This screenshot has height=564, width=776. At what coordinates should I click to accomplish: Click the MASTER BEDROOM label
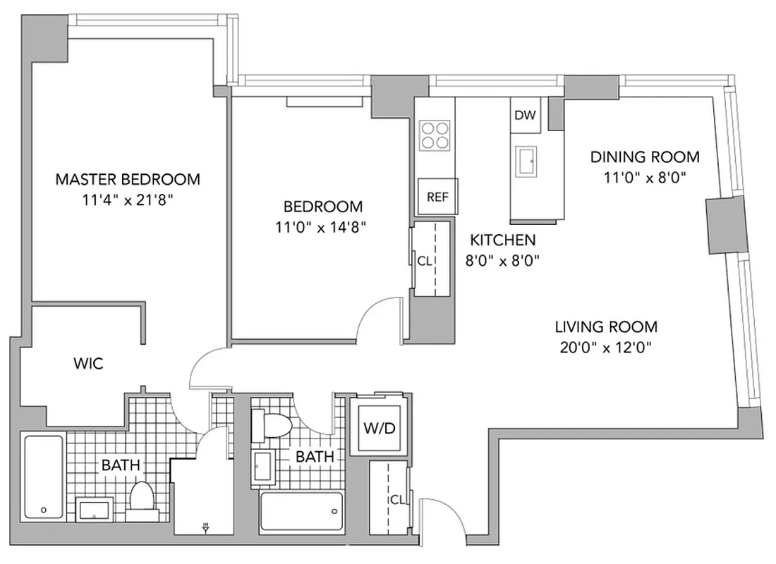pyautogui.click(x=128, y=179)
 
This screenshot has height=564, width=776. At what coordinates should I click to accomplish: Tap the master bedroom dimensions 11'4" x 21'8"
pyautogui.click(x=128, y=200)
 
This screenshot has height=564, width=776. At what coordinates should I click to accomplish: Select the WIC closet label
pyautogui.click(x=88, y=364)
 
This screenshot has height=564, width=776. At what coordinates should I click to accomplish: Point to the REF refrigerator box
pyautogui.click(x=437, y=197)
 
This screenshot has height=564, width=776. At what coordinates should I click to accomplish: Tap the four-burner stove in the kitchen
pyautogui.click(x=435, y=135)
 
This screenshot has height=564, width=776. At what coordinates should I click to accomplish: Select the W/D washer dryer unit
pyautogui.click(x=380, y=428)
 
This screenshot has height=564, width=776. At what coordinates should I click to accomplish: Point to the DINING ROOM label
pyautogui.click(x=645, y=157)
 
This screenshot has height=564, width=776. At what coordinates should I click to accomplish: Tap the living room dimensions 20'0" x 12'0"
pyautogui.click(x=605, y=347)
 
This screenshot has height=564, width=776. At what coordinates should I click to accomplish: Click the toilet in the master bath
pyautogui.click(x=141, y=496)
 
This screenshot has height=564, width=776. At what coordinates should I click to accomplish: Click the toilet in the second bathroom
pyautogui.click(x=277, y=426)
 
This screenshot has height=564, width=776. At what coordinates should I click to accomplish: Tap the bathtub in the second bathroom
pyautogui.click(x=301, y=513)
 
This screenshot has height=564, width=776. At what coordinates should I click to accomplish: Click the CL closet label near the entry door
pyautogui.click(x=397, y=500)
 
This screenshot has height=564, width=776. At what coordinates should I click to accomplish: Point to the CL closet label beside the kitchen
pyautogui.click(x=424, y=260)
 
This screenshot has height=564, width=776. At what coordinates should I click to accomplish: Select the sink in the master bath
pyautogui.click(x=93, y=508)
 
